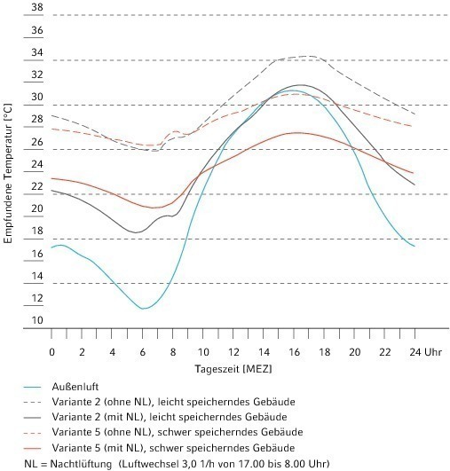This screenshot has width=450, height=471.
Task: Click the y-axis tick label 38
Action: pos(37,7)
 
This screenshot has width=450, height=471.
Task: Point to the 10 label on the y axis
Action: pos(37,320)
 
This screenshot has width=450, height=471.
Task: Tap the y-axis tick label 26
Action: pos(37,142)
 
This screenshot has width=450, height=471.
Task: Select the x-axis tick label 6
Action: pos(143,352)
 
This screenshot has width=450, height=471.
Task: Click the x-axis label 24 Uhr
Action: pos(426,352)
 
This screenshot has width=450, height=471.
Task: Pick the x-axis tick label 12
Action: pos(233,352)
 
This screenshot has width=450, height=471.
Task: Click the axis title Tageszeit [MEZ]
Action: pos(233,369)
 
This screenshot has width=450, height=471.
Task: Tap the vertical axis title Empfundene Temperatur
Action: pos(8,173)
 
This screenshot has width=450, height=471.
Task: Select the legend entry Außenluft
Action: pos(75,387)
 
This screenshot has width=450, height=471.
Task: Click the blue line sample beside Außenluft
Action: pos(32,388)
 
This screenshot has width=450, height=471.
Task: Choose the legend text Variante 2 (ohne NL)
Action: pos(101,402)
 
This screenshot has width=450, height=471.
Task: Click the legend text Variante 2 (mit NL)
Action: pos(97,417)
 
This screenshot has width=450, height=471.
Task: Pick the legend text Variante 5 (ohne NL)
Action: pos(101,432)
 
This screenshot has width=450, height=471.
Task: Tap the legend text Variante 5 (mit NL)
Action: pos(97,448)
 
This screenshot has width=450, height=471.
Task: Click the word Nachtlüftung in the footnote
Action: pos(81,464)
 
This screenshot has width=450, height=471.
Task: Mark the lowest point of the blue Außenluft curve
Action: pos(144,309)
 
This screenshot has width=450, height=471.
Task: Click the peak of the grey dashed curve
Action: pos(310,56)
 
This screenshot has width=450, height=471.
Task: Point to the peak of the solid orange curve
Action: pos(296,133)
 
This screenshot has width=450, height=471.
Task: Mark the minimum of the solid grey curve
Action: pos(136,232)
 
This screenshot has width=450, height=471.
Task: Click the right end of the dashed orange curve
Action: pos(412,126)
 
